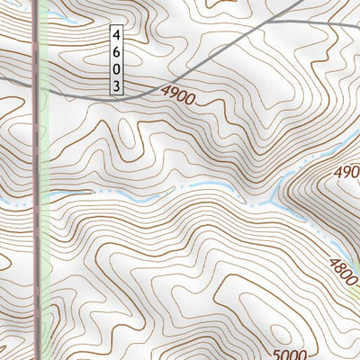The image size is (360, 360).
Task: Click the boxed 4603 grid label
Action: click(116, 59)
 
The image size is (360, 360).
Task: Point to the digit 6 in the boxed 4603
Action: click(116, 51)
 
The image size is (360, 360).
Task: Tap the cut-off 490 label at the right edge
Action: click(348, 171)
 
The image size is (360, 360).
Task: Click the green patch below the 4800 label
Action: click(353, 292)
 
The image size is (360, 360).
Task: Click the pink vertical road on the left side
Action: click(37, 270)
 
